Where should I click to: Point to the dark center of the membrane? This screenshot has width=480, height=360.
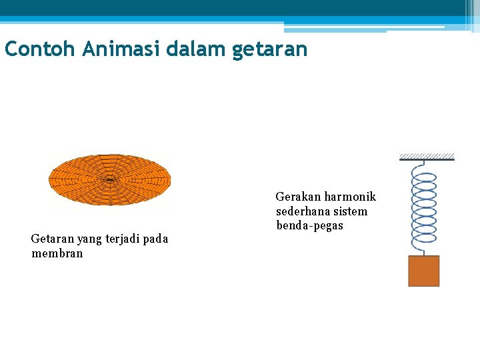pos(109,179)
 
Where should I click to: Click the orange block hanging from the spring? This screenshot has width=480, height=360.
pos(423,271)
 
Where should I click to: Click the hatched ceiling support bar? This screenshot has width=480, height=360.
pos(427,157)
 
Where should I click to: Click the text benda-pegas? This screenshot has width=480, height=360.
pos(309,225)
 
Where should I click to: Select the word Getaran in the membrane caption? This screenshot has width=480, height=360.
pos(53,239)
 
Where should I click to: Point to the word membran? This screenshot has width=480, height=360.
pos(57,253)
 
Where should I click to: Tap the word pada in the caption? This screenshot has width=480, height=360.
pos(155,239)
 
